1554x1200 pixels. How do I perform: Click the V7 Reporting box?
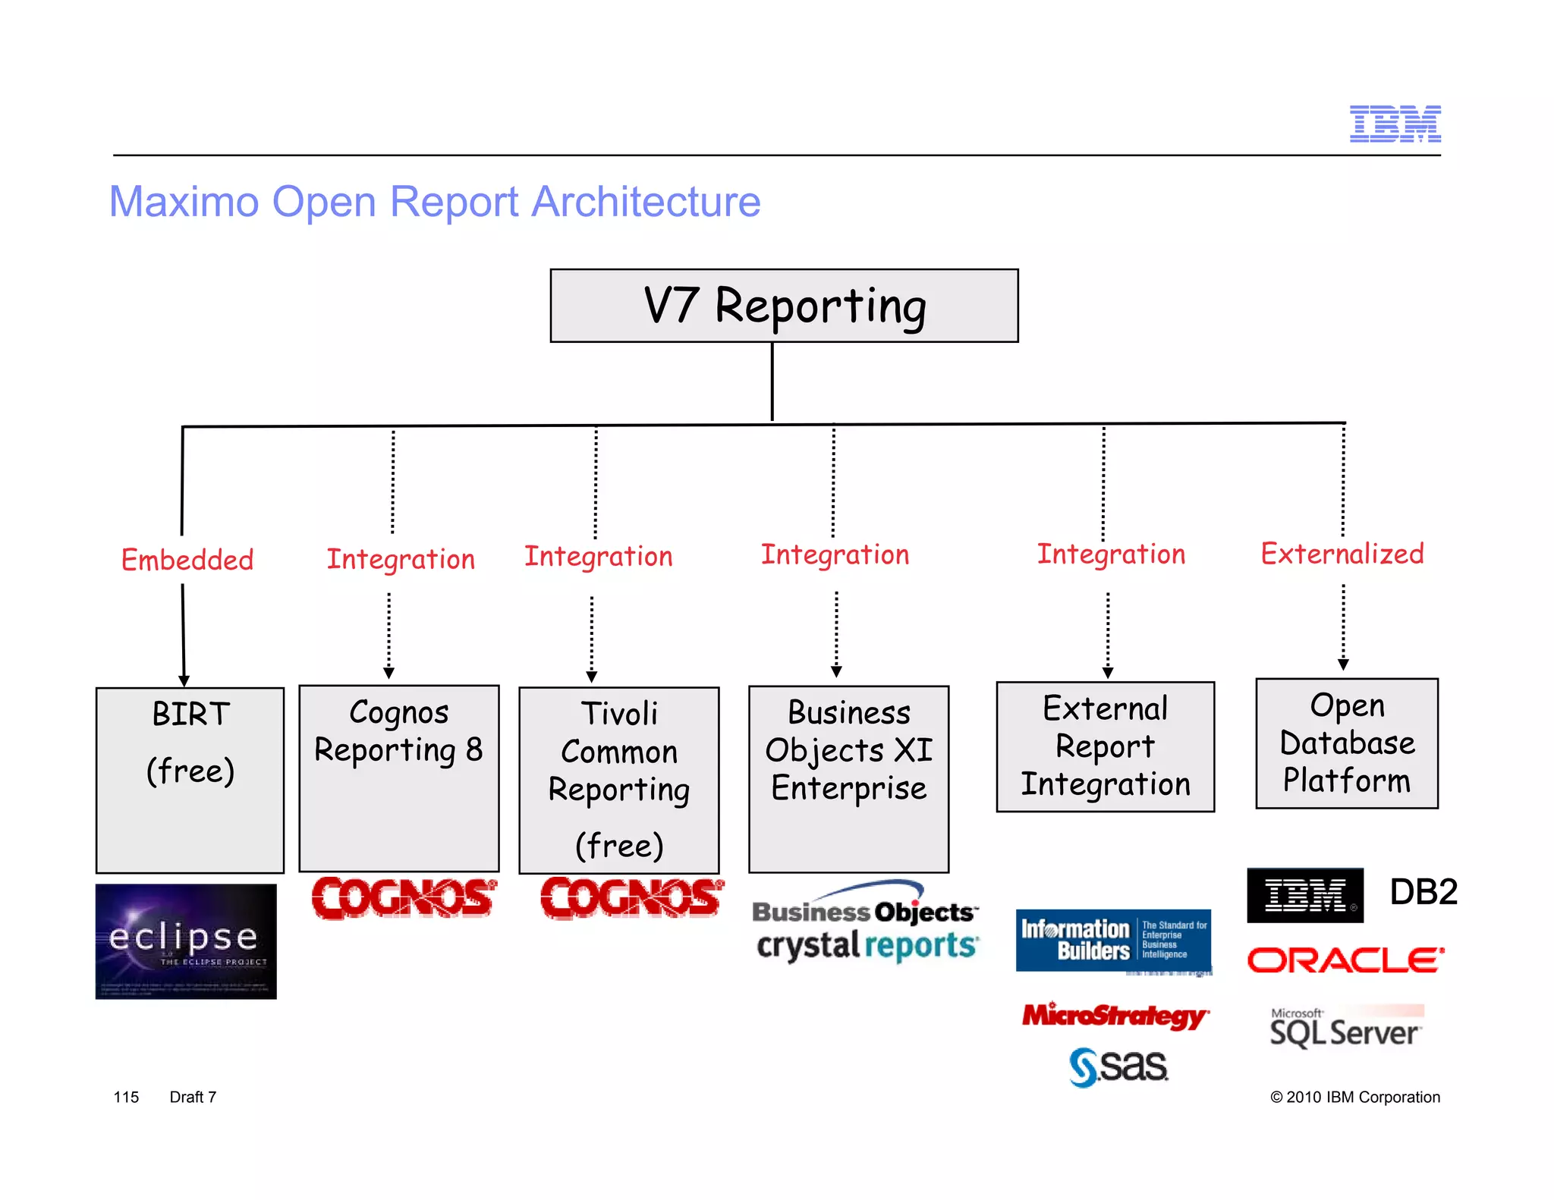point(784,305)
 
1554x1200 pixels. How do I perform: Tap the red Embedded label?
point(187,560)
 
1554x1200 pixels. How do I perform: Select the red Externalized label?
point(1342,554)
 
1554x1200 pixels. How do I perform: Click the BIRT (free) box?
point(190,780)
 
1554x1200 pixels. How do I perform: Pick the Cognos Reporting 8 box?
point(399,778)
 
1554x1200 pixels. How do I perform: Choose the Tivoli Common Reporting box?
point(618,780)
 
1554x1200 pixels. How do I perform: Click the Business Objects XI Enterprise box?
point(848,778)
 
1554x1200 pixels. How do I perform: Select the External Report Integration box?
point(1105,746)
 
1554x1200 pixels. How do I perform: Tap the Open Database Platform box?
point(1346,743)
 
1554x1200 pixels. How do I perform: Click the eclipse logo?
point(186,941)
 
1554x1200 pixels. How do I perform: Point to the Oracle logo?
point(1345,960)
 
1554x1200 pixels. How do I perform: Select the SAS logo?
point(1118,1066)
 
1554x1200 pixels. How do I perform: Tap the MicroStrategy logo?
point(1114,1016)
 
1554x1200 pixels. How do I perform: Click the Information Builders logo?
point(1112,941)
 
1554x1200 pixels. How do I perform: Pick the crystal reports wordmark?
point(867,946)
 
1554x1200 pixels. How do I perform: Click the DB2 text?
point(1423,892)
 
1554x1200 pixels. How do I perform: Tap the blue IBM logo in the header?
point(1395,124)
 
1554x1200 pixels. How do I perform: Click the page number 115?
point(126,1097)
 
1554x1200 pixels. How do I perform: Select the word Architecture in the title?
point(646,202)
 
